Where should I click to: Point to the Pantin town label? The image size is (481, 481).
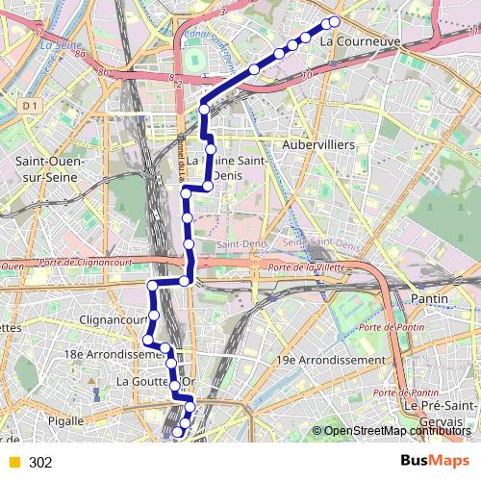(x=430, y=299)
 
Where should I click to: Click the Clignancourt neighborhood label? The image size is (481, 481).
(x=114, y=318)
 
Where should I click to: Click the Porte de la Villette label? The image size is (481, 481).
(x=305, y=266)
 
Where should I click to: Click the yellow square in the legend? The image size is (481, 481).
(x=13, y=463)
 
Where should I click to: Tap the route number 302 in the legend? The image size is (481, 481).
(x=40, y=463)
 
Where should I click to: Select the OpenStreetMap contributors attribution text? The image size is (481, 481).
(x=396, y=431)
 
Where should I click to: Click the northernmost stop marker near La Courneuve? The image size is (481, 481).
(x=335, y=21)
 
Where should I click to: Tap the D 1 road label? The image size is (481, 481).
(x=29, y=104)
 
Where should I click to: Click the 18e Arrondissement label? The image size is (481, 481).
(x=104, y=354)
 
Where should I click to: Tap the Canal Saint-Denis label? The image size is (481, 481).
(x=216, y=48)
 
